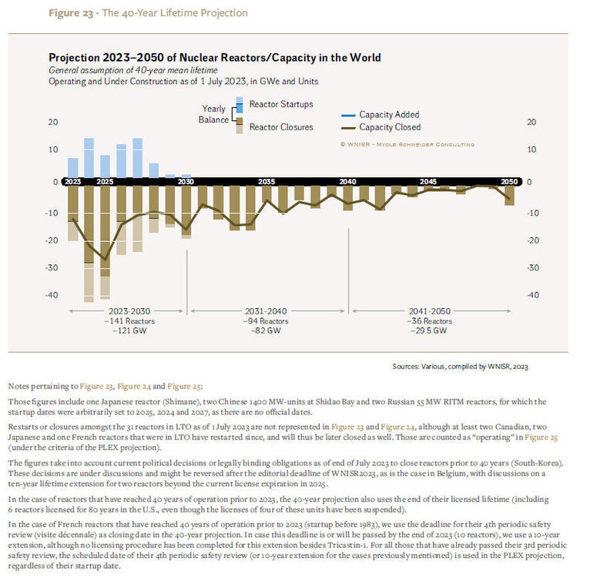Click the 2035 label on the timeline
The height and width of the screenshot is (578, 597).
pos(266,182)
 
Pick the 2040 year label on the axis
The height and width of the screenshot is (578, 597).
pos(347,182)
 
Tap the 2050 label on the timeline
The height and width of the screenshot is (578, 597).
pos(508,182)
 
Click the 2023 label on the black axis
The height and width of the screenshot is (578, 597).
pos(72,182)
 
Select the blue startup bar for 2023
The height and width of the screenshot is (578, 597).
pos(72,167)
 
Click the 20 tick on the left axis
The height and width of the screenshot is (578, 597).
pos(53,123)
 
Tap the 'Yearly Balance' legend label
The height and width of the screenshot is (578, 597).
pos(215,114)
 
